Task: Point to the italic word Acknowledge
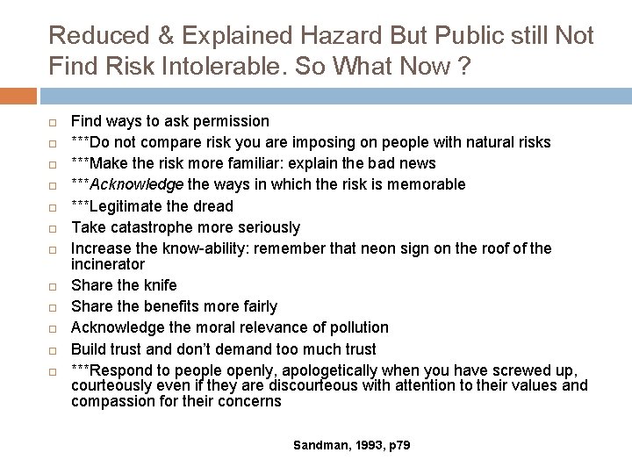click(x=137, y=184)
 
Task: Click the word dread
click(x=213, y=206)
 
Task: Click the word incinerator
click(x=107, y=263)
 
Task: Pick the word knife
click(x=159, y=285)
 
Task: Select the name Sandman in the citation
click(x=312, y=446)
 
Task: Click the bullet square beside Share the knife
click(x=53, y=286)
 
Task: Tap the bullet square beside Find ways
click(x=53, y=122)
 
